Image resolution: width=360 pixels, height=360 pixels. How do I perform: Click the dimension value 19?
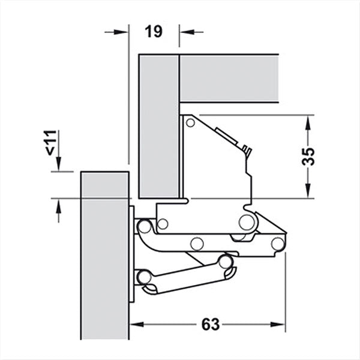154,32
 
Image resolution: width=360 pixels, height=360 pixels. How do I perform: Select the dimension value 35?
308,157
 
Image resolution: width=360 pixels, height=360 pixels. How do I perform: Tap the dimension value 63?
209,325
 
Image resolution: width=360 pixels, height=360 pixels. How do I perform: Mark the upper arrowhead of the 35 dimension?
308,121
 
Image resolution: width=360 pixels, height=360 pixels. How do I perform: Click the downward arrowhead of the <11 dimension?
59,165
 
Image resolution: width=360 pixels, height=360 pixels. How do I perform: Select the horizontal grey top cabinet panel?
230,78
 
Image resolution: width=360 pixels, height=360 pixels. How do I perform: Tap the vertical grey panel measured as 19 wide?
159,126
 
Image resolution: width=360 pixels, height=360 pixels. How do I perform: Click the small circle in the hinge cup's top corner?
190,123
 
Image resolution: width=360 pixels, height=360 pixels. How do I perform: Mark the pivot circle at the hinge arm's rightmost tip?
277,244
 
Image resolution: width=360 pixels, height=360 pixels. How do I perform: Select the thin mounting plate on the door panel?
132,255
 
